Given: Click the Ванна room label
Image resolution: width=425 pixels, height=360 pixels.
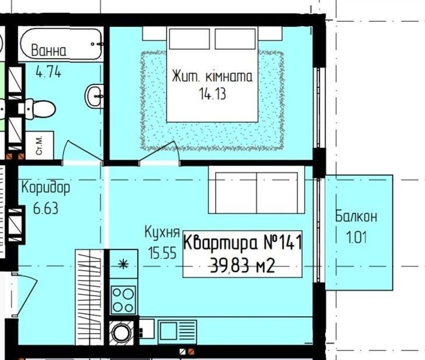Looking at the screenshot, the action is pyautogui.click(x=49, y=50).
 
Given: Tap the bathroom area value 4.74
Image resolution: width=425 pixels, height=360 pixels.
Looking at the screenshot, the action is pyautogui.click(x=49, y=72).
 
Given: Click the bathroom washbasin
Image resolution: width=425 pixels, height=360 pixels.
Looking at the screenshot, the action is pyautogui.click(x=95, y=96).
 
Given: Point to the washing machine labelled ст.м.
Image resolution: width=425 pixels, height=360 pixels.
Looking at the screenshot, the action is pyautogui.click(x=40, y=146).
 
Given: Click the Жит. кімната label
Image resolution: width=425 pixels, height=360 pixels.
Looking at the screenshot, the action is pyautogui.click(x=212, y=77).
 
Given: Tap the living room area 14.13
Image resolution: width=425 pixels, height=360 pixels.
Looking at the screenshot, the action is pyautogui.click(x=212, y=94).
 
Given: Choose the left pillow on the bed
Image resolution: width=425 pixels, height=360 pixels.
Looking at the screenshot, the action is pyautogui.click(x=189, y=39).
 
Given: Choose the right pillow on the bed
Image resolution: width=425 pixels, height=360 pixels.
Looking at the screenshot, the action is pyautogui.click(x=235, y=39).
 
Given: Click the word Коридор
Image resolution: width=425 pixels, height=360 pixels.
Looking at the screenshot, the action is pyautogui.click(x=45, y=187).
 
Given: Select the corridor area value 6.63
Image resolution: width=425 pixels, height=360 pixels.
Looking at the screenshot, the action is pyautogui.click(x=45, y=209).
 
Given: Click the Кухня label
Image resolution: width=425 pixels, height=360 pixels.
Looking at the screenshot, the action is pyautogui.click(x=162, y=232).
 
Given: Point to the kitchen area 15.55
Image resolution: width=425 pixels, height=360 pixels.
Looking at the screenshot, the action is pyautogui.click(x=162, y=253).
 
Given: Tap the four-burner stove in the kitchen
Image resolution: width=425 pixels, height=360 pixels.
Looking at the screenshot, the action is pyautogui.click(x=123, y=300).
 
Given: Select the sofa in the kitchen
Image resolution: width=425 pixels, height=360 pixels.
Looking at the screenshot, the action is pyautogui.click(x=256, y=190).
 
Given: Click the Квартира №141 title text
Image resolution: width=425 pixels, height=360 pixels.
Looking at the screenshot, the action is pyautogui.click(x=242, y=242).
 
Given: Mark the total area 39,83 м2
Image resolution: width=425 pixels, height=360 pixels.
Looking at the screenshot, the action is pyautogui.click(x=242, y=266).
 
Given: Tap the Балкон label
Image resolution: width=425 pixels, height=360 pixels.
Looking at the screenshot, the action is pyautogui.click(x=356, y=217).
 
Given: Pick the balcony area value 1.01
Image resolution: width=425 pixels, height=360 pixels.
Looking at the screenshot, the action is pyautogui.click(x=356, y=237).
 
